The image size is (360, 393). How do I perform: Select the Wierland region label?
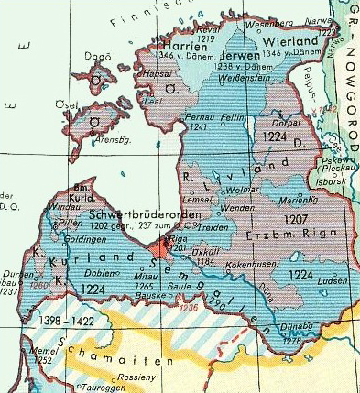coord(290,42)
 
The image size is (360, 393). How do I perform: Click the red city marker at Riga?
coord(158,246)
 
